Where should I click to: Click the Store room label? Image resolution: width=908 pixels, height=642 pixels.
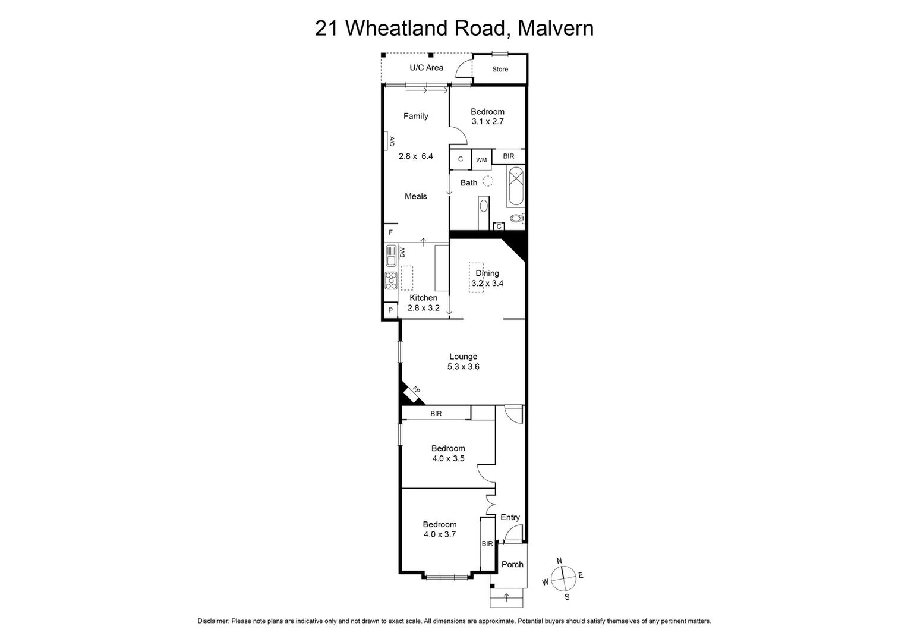click(x=500, y=69)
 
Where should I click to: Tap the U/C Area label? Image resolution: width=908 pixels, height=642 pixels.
click(x=426, y=68)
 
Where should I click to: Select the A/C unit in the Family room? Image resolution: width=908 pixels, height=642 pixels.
click(x=390, y=141)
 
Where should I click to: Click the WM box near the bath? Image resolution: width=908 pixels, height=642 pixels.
click(x=481, y=159)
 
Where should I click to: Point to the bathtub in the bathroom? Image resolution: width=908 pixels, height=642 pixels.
click(x=516, y=187)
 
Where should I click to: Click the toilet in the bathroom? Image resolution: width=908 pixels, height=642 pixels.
click(x=518, y=219)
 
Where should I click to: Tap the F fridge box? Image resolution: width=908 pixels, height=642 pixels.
click(x=390, y=232)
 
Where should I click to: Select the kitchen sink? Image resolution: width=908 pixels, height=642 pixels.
click(x=391, y=256)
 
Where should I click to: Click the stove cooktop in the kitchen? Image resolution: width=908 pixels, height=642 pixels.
click(x=391, y=279)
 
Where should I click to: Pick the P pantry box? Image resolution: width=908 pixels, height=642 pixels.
click(x=390, y=310)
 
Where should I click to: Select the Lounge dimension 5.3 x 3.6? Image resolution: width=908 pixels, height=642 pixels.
click(x=463, y=367)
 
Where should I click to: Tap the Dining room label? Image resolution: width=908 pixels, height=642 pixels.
click(x=487, y=273)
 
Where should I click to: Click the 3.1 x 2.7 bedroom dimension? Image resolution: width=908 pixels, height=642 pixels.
click(x=487, y=121)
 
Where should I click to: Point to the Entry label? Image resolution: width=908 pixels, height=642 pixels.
click(x=510, y=517)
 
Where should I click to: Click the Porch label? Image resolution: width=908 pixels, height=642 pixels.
click(x=512, y=564)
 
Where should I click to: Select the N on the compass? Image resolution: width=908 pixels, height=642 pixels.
click(x=559, y=561)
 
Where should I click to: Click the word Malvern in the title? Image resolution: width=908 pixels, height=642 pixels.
click(x=556, y=28)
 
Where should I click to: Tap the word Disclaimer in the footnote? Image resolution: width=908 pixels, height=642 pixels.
click(x=213, y=621)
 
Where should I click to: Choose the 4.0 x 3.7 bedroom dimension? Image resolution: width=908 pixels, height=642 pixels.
click(x=439, y=534)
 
